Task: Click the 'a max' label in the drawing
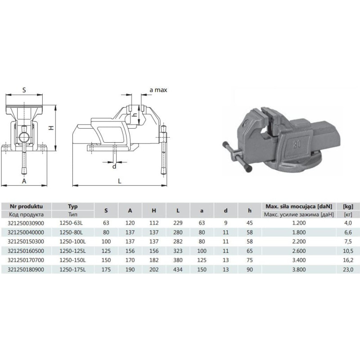tap(158, 90)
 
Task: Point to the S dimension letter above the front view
tap(24, 90)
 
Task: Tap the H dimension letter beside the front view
tap(51, 128)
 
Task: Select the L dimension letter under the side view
tap(120, 181)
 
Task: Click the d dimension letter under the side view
tap(114, 166)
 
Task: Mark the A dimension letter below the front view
tap(24, 181)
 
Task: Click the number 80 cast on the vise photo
tap(297, 144)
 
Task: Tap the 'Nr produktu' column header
tap(26, 206)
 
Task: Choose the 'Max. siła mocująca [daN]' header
tap(299, 207)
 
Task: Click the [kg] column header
tap(348, 207)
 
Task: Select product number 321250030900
tap(26, 223)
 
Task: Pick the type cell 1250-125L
tap(72, 251)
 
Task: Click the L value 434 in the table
tap(178, 270)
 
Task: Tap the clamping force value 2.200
tap(299, 242)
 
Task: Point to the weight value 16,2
tap(348, 260)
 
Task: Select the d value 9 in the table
tap(226, 223)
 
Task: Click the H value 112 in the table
tap(154, 223)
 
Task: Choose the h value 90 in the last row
tap(250, 270)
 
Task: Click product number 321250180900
tap(26, 270)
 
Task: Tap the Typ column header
tap(73, 207)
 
